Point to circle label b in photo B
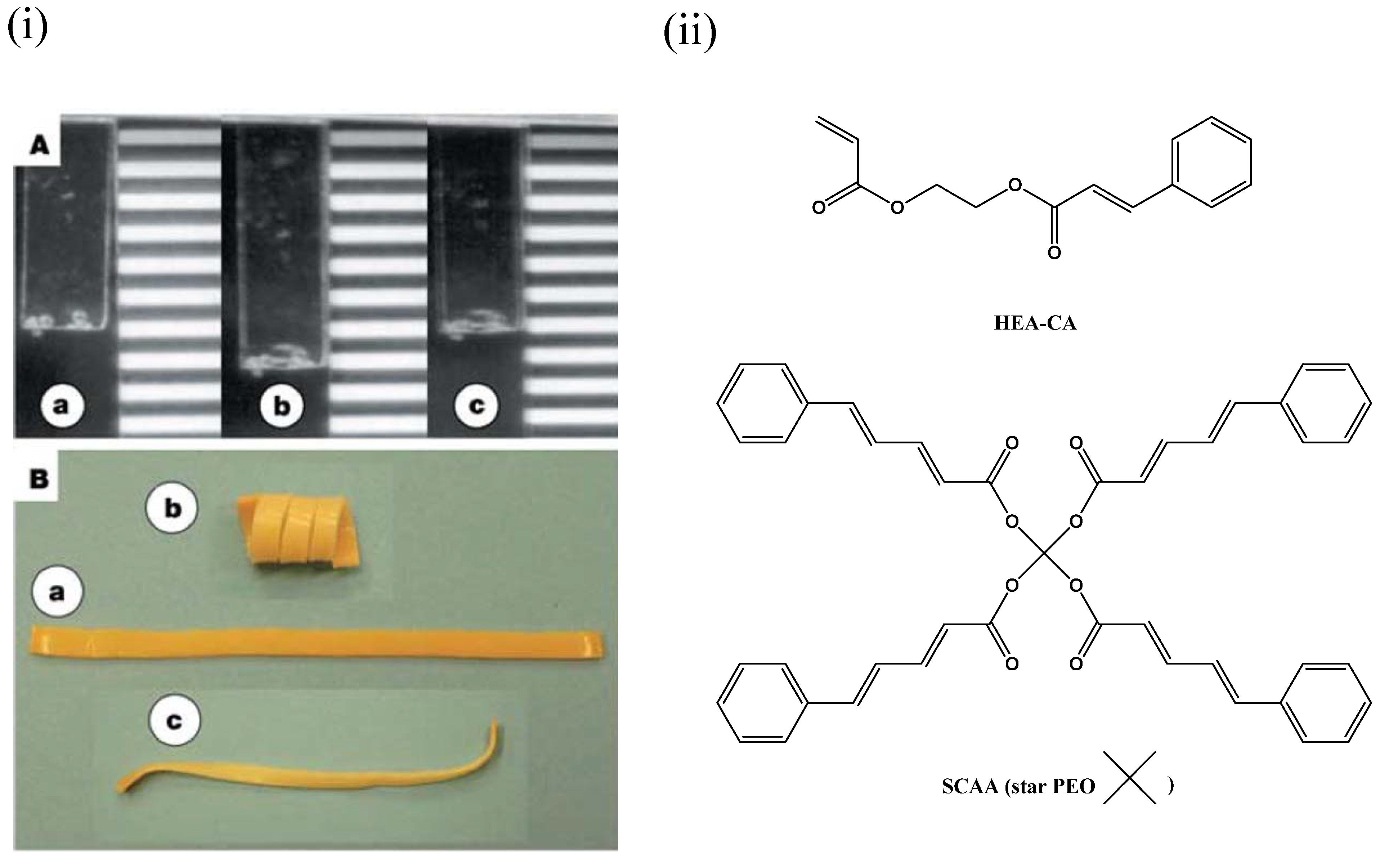pyautogui.click(x=172, y=508)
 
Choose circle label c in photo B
pyautogui.click(x=174, y=721)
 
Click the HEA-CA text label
pyautogui.click(x=1035, y=323)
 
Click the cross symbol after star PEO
pyautogui.click(x=1129, y=777)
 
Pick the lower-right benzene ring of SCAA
pyautogui.click(x=1326, y=703)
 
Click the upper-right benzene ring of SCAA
pyautogui.click(x=1326, y=403)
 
